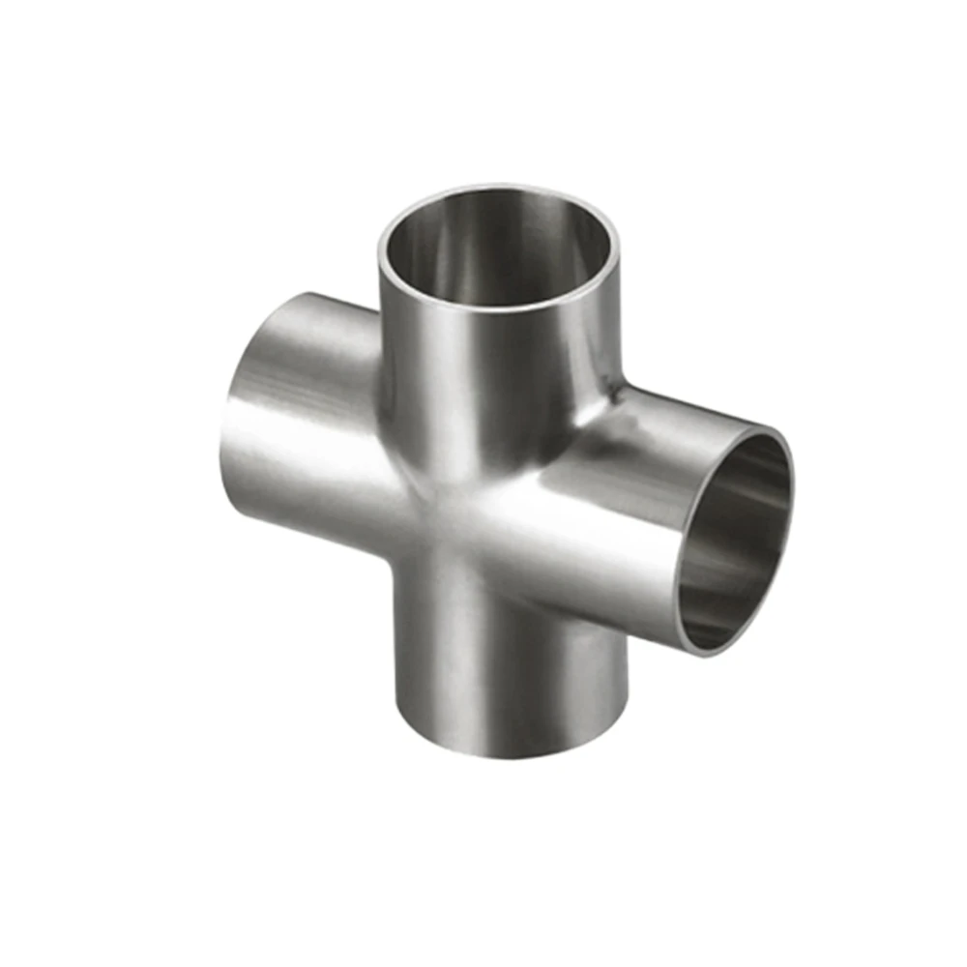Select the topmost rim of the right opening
(764, 428)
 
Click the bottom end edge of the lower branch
(513, 755)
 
